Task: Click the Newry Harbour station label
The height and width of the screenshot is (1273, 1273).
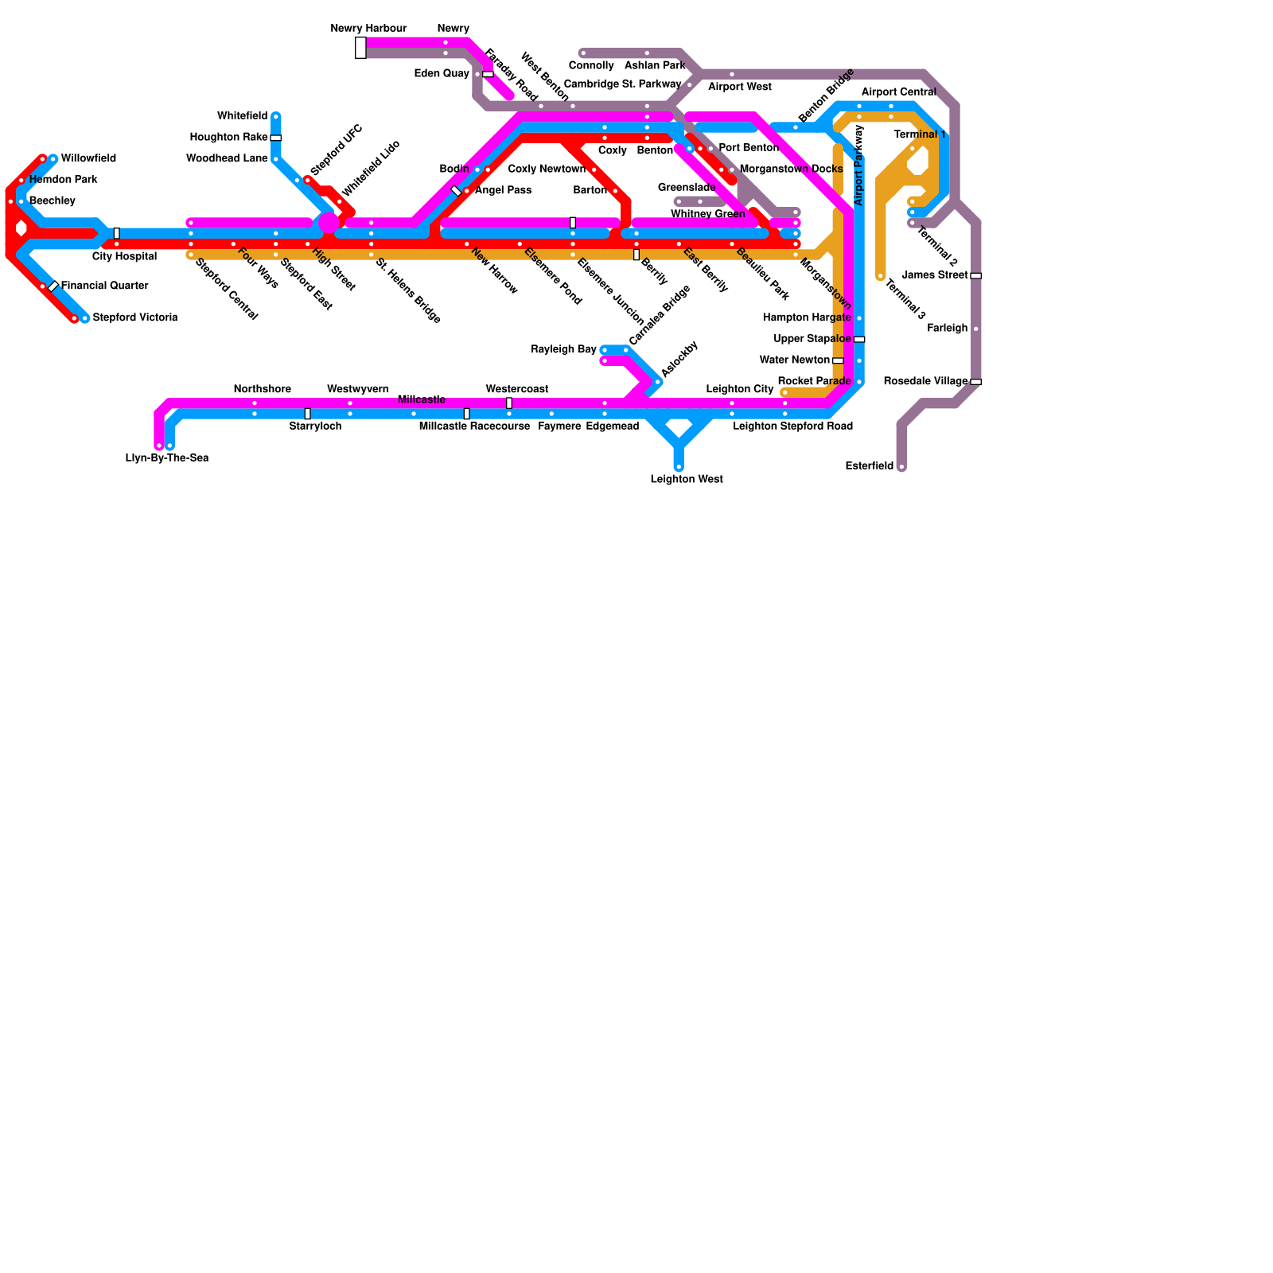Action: click(368, 29)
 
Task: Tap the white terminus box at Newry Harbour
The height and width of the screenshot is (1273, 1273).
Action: click(360, 48)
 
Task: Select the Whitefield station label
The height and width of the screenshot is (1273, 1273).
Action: click(242, 116)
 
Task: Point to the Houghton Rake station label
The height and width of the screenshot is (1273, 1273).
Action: click(228, 138)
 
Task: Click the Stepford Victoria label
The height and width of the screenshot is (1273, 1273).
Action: click(134, 318)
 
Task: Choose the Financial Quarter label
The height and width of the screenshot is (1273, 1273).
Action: click(104, 286)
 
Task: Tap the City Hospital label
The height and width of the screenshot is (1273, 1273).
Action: click(124, 257)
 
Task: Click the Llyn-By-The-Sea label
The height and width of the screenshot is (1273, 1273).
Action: click(167, 458)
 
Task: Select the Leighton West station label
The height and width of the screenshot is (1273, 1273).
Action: click(687, 480)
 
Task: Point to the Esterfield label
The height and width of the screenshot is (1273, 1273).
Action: click(869, 466)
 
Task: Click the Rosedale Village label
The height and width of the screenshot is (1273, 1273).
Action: click(925, 382)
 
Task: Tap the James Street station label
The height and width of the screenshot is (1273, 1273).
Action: click(935, 275)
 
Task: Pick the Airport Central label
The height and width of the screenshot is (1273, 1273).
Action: click(898, 92)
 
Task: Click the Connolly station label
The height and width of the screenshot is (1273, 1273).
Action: click(591, 66)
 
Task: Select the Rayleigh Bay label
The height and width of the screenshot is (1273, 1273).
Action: click(563, 350)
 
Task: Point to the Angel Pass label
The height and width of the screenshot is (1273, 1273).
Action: click(503, 191)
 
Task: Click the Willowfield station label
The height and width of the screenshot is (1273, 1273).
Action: click(88, 159)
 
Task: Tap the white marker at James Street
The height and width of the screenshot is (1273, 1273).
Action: click(975, 275)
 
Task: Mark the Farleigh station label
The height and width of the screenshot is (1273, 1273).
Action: click(947, 329)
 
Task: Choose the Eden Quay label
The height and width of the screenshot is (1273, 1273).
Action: click(442, 74)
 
